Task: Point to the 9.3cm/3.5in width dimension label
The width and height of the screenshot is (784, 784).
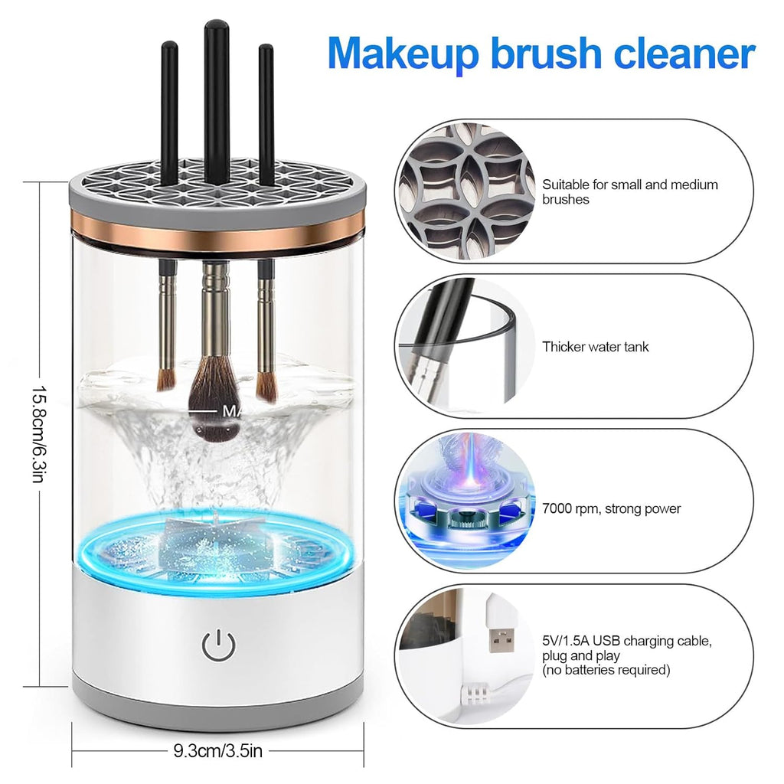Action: pyautogui.click(x=217, y=750)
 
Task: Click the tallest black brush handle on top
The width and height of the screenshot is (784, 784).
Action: pyautogui.click(x=217, y=100)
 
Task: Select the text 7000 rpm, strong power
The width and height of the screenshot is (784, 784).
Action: pyautogui.click(x=611, y=508)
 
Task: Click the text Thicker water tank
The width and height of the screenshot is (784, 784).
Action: pyautogui.click(x=595, y=347)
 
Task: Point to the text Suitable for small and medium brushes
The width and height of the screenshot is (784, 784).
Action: pyautogui.click(x=629, y=192)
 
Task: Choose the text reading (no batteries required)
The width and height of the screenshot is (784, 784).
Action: pyautogui.click(x=606, y=671)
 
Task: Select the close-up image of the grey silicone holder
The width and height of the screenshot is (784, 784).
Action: pyautogui.click(x=466, y=191)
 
